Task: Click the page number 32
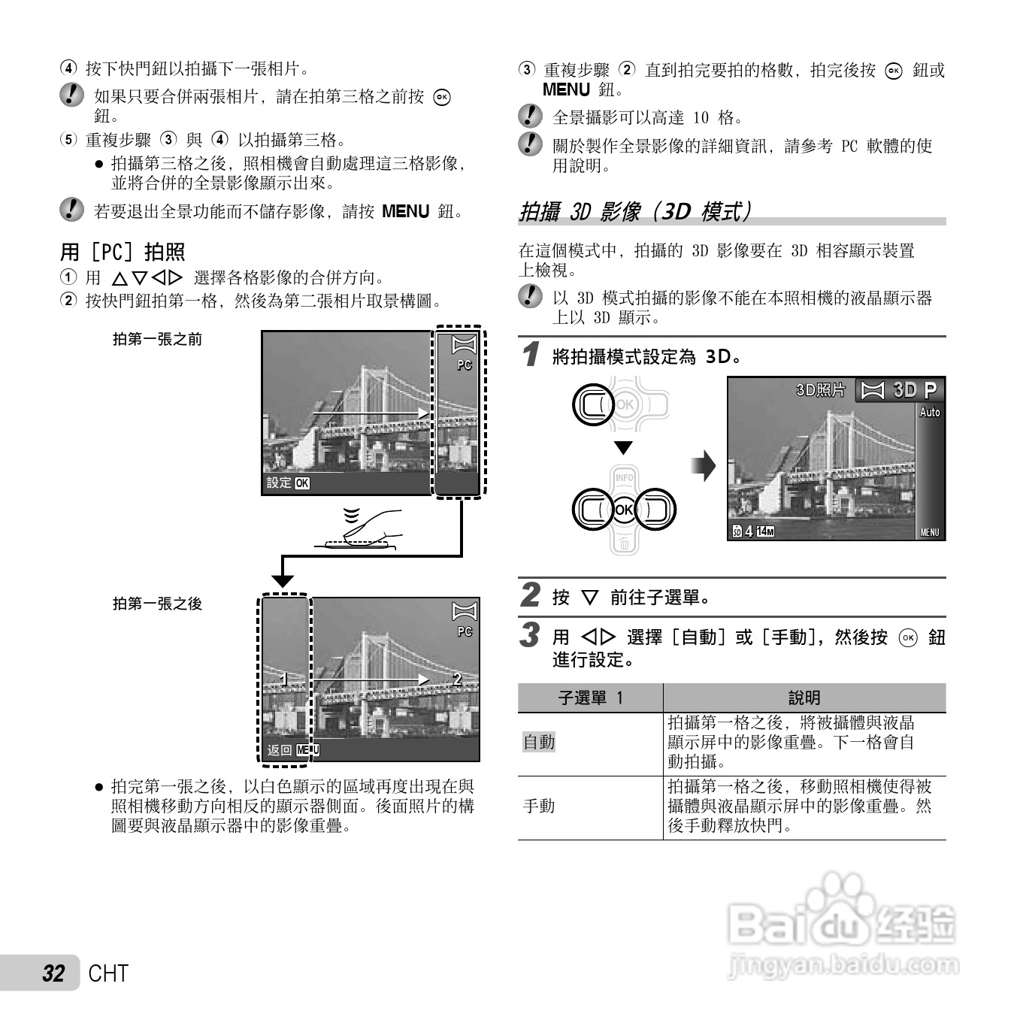tap(53, 973)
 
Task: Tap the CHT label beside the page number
tap(108, 973)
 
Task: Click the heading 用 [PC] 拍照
tap(123, 252)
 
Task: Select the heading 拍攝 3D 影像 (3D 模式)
tap(635, 211)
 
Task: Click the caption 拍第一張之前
tap(157, 339)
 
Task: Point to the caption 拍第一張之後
tap(157, 604)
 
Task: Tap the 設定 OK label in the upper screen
tap(288, 483)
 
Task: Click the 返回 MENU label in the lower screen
tap(293, 749)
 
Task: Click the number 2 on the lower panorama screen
tap(457, 679)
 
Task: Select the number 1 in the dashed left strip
tap(283, 679)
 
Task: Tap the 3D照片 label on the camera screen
tap(820, 390)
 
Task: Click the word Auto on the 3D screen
tap(930, 412)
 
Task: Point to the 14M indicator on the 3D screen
tap(765, 532)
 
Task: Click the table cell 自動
tap(539, 743)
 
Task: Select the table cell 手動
tap(539, 807)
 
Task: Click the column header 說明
tap(804, 698)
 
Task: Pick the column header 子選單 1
tap(590, 698)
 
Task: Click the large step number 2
tap(531, 595)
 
